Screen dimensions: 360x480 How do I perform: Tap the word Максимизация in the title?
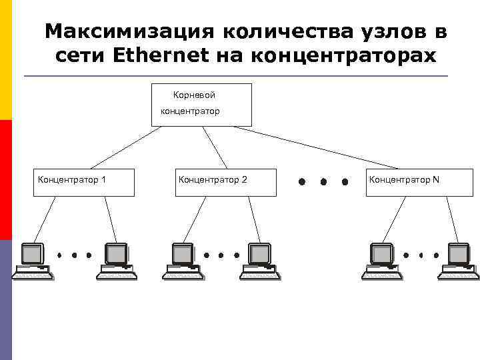click(x=127, y=31)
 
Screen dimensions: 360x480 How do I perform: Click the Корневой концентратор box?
click(x=202, y=105)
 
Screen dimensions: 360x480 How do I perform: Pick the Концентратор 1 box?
click(x=84, y=182)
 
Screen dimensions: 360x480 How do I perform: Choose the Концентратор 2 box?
click(x=226, y=182)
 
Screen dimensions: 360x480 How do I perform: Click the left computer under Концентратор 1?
click(x=33, y=261)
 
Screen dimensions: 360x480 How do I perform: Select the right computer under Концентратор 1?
click(x=117, y=261)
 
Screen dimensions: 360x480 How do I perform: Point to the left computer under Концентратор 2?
click(x=182, y=261)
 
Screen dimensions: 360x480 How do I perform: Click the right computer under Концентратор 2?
click(x=261, y=261)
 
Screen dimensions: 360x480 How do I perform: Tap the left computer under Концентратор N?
click(x=381, y=261)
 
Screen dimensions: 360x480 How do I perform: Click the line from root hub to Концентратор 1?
click(x=127, y=147)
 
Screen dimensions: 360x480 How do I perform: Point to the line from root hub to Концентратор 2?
click(x=215, y=147)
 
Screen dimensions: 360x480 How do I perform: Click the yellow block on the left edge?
click(x=6, y=60)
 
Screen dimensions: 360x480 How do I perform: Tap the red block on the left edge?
click(x=6, y=180)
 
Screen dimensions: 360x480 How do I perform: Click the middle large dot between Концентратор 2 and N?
click(x=323, y=181)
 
